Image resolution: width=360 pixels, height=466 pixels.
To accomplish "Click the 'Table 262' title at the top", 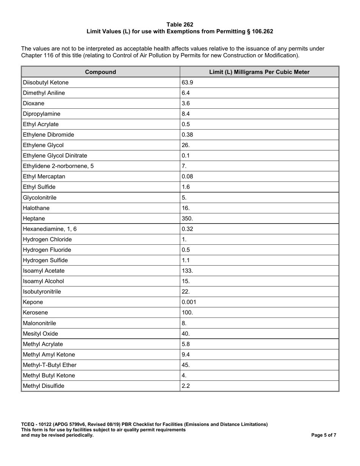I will [180, 25].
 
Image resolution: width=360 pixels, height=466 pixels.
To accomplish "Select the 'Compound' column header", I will [100, 72].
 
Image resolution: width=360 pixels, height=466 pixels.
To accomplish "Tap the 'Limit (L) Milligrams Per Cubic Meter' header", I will [259, 72].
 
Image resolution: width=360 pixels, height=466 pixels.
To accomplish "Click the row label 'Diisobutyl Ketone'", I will [46, 83].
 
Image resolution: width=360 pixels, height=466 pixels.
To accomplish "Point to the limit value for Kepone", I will [189, 302].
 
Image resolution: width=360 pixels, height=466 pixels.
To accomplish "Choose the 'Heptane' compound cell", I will [34, 219].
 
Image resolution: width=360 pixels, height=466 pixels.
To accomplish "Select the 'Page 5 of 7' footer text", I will [324, 435].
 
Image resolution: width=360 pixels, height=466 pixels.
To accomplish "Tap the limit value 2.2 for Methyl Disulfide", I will [186, 386].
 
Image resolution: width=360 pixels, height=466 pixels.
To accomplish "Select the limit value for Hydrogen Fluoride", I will [186, 250].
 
